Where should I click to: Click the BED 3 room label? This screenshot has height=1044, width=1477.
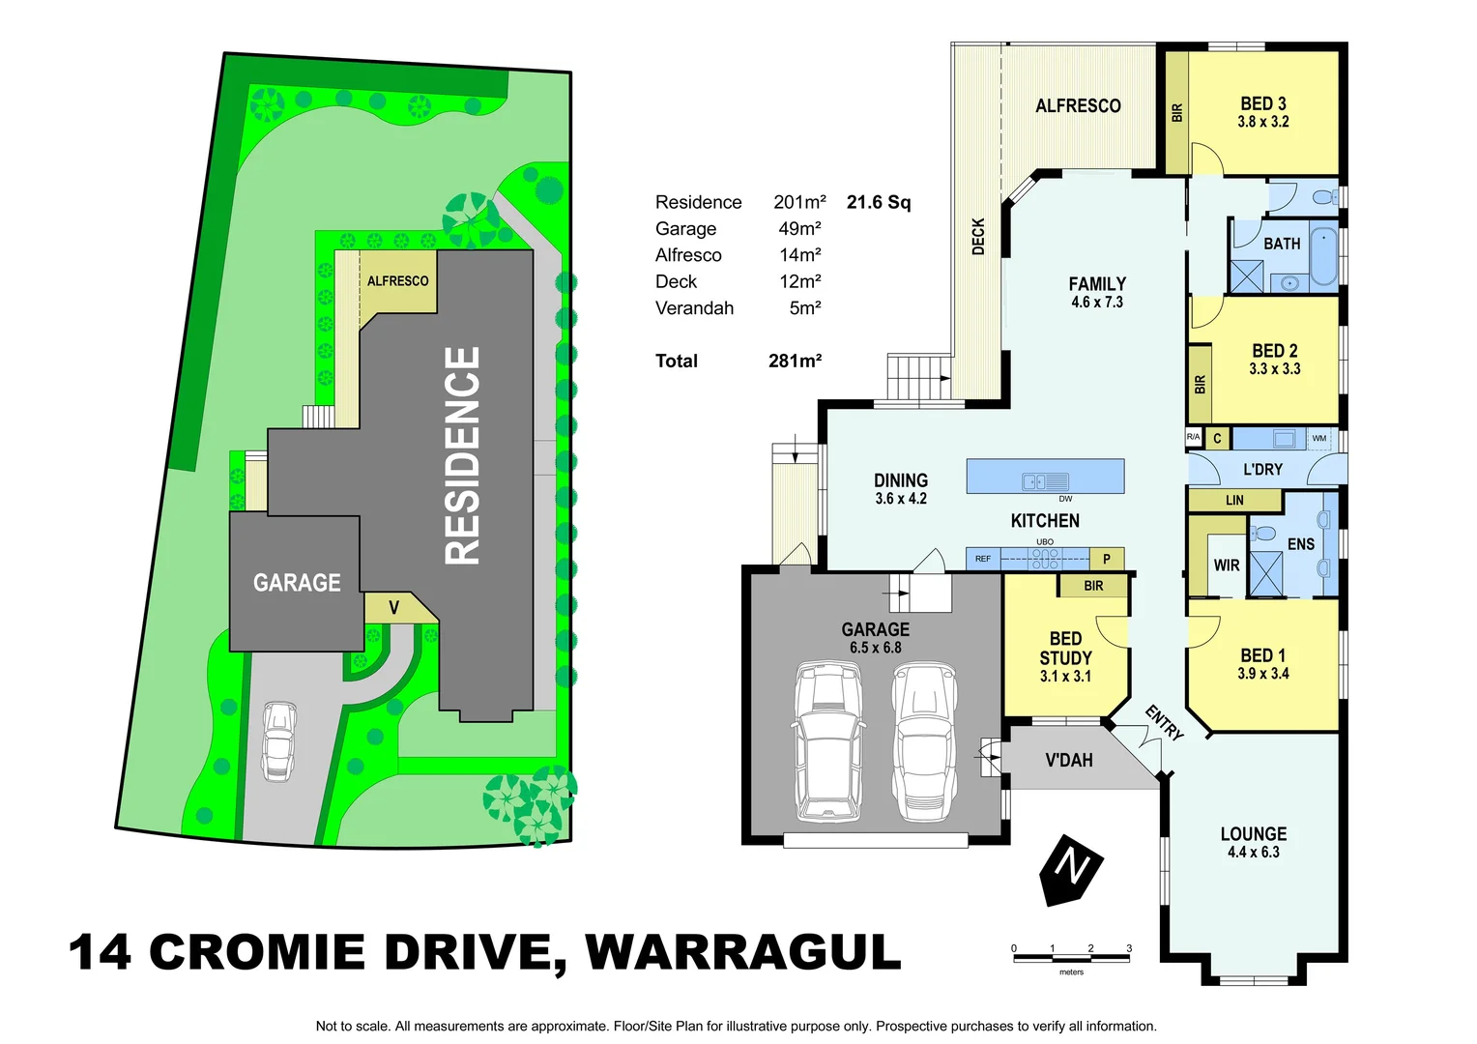tap(1262, 104)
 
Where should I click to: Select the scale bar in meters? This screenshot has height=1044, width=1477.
tap(1071, 957)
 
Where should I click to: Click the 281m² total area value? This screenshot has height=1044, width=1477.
tap(795, 361)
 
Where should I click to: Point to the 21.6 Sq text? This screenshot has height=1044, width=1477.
tap(878, 202)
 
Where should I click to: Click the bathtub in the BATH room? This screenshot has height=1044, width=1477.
tap(1323, 255)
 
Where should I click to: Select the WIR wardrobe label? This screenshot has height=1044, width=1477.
tap(1226, 565)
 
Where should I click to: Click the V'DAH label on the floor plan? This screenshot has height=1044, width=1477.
tap(1068, 761)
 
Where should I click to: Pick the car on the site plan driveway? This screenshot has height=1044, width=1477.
tap(278, 740)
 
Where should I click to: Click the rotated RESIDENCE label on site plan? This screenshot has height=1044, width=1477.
tap(462, 455)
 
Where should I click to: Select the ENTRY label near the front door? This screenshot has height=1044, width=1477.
tap(1164, 722)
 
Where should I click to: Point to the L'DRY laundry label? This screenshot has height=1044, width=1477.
tap(1261, 470)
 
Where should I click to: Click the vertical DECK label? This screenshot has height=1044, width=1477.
tap(977, 237)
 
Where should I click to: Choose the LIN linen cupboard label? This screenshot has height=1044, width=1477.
tap(1234, 501)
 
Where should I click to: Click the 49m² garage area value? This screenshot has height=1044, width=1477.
tap(799, 229)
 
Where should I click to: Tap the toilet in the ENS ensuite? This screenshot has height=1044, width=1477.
tap(1262, 534)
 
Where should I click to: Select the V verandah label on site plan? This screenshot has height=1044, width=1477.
tap(393, 608)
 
